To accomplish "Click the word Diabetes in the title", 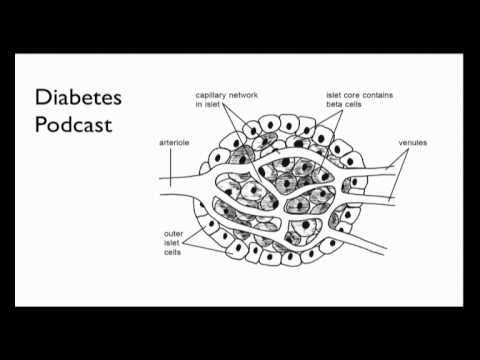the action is pos(78,97).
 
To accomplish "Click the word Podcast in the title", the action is pos(73,125).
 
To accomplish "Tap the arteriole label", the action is pos(174,143).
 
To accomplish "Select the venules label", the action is pos(413,143).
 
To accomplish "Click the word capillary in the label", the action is pos(210,96).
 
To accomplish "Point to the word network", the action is pos(243,95).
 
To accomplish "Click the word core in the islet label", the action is pos(351,95).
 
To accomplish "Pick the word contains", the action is pos(378,95).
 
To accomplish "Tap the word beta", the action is pos(334,104).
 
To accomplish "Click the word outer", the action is pos(173,234).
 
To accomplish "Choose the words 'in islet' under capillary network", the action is pos(207,104).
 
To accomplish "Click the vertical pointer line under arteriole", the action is pos(170,167).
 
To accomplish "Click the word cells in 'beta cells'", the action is pos(353,104).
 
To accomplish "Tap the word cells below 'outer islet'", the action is pos(172,252).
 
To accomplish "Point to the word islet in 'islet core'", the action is pos(333,95).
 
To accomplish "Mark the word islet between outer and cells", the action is pos(172,243).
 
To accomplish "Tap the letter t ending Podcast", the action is pos(109,125).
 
